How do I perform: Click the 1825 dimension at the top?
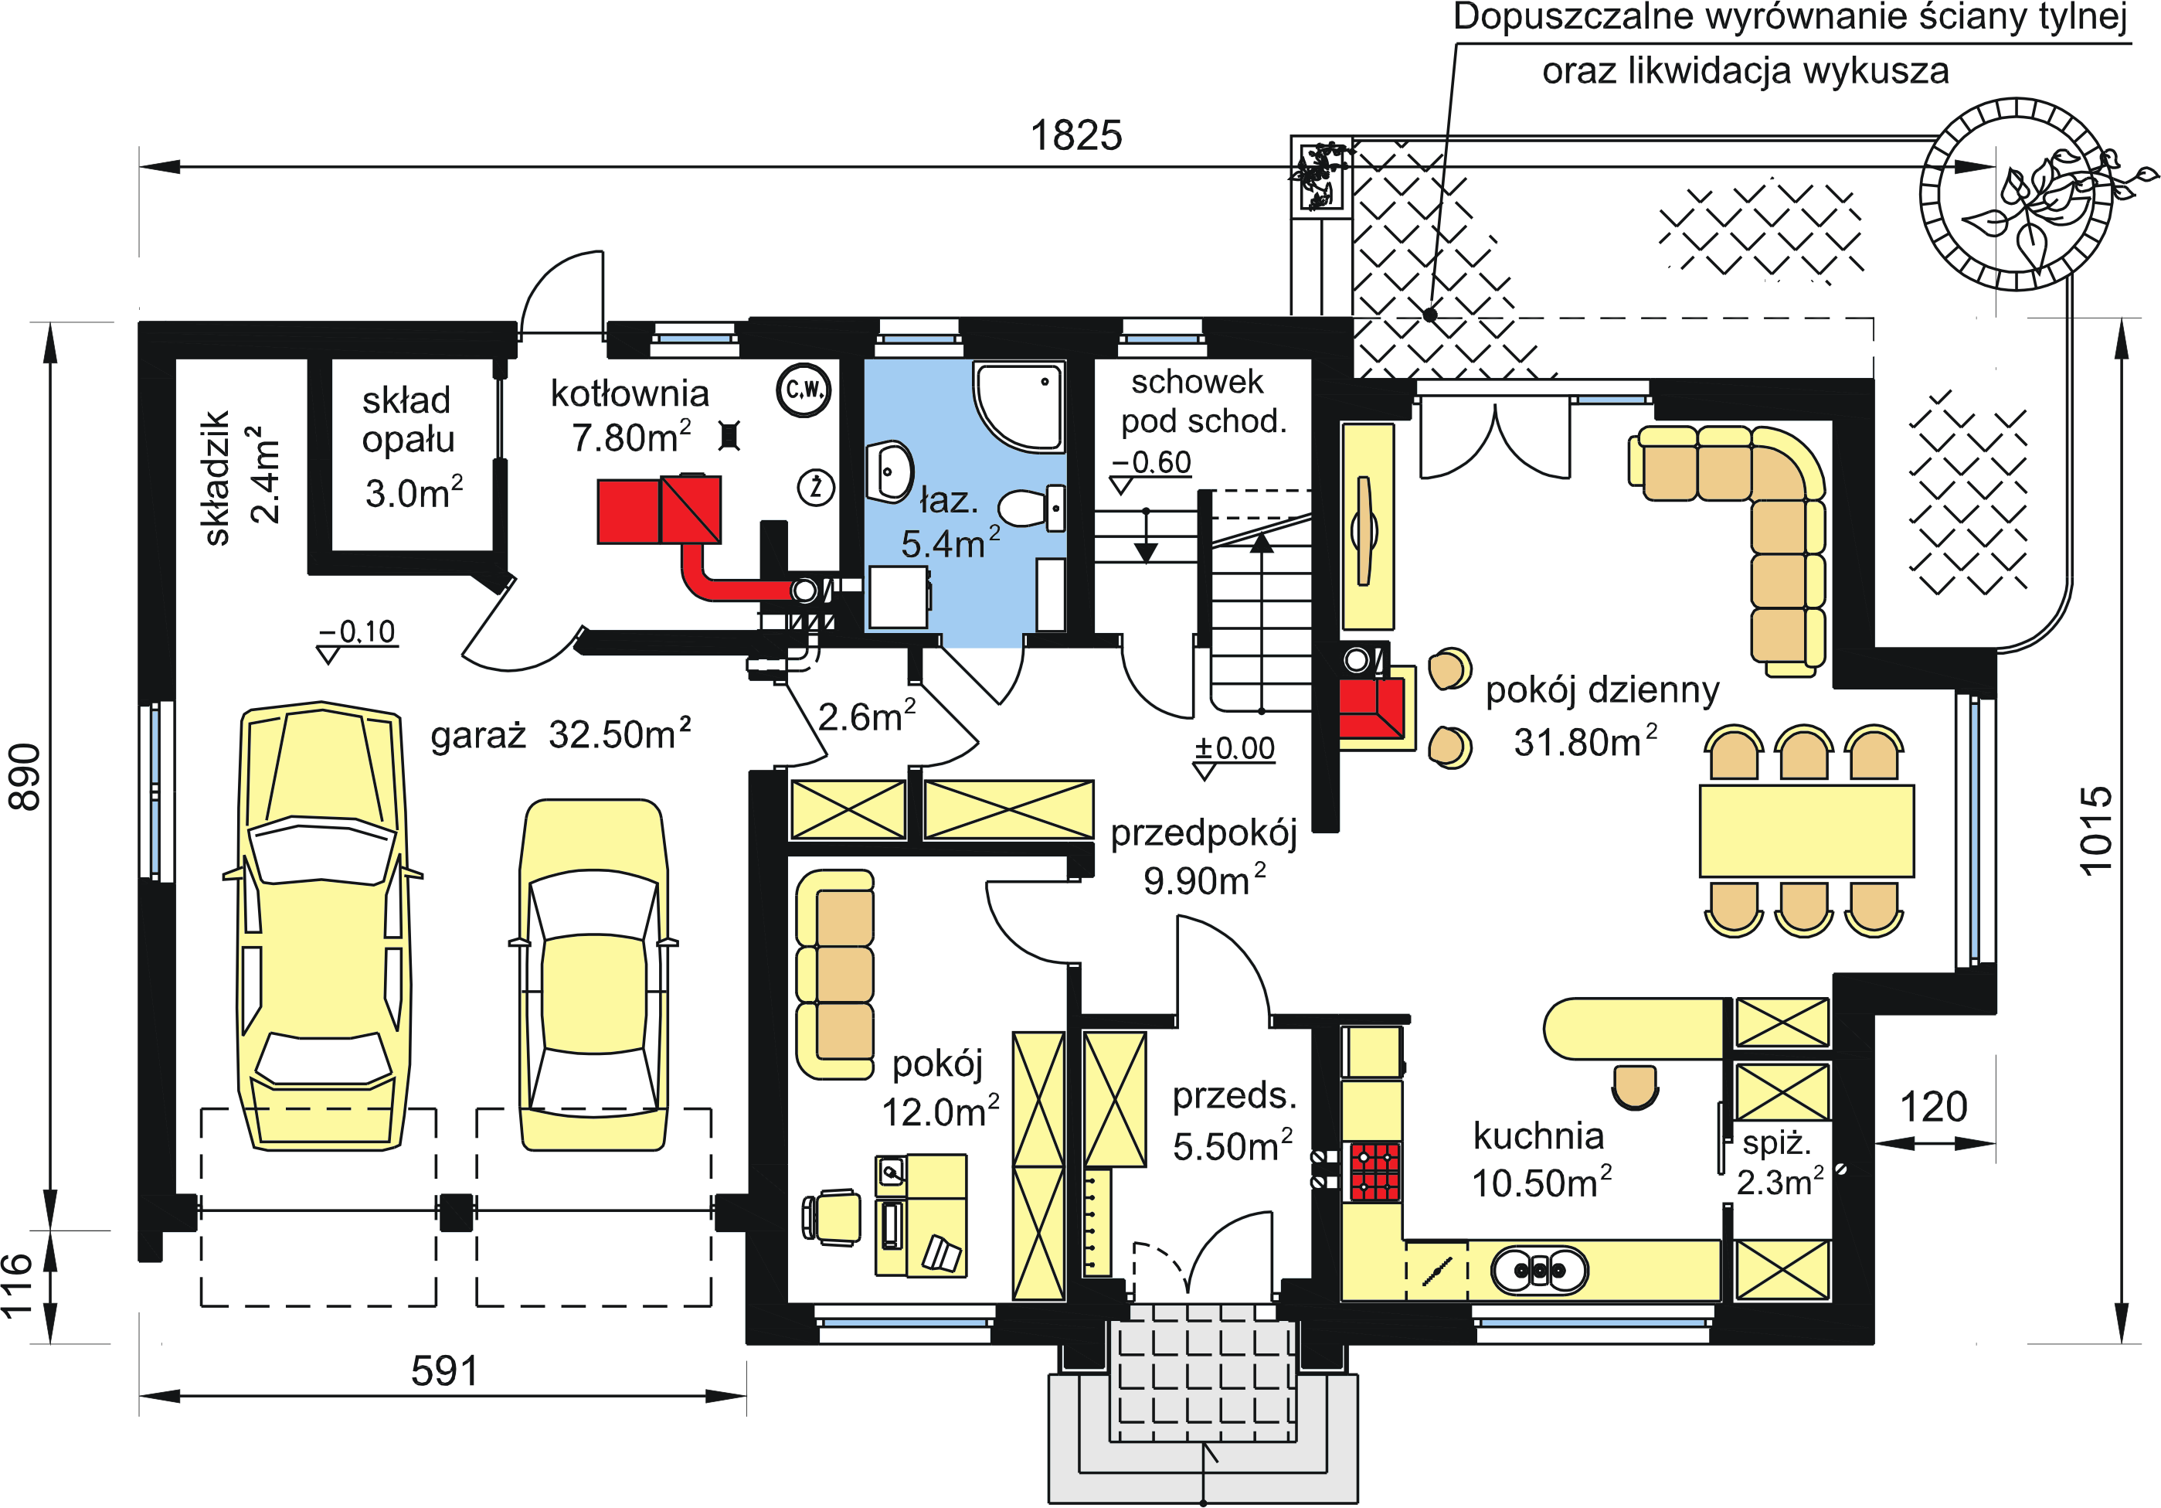[x=1075, y=135]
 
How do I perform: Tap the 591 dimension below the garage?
[x=444, y=1370]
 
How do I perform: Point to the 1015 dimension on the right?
[x=2095, y=831]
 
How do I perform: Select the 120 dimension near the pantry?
[x=1933, y=1107]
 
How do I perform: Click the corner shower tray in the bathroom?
[x=1019, y=406]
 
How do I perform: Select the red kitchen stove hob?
[x=1375, y=1172]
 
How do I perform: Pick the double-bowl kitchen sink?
[x=1540, y=1270]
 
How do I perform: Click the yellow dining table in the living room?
[x=1806, y=830]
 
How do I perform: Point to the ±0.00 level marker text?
[x=1235, y=748]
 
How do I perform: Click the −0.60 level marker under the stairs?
[x=1151, y=462]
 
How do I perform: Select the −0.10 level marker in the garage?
[x=358, y=631]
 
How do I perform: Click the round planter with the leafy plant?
[x=2015, y=194]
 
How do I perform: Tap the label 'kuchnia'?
[x=1539, y=1136]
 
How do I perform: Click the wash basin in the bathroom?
[x=889, y=471]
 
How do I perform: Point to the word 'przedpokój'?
[x=1204, y=834]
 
